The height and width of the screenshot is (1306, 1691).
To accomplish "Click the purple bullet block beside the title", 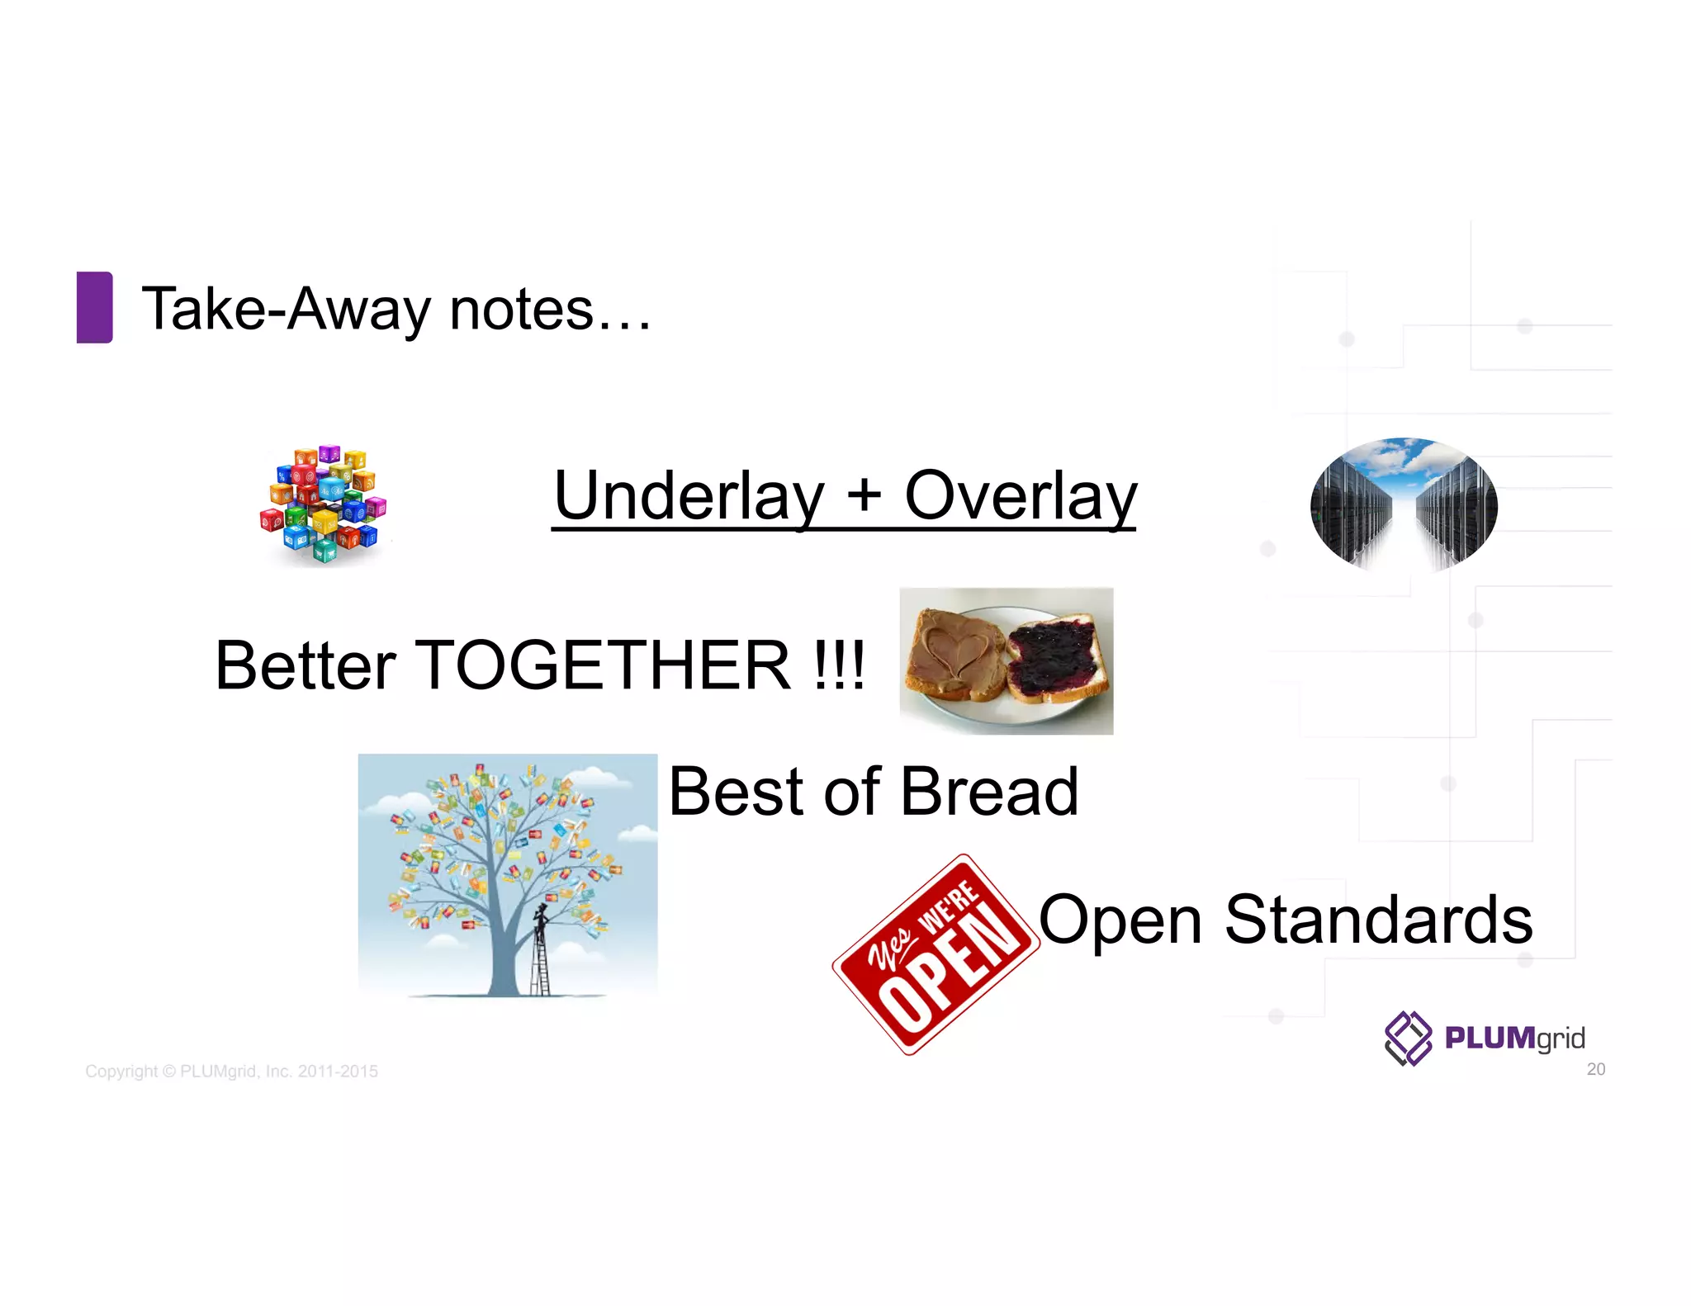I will [94, 307].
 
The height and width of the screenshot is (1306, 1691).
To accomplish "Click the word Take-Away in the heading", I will [286, 310].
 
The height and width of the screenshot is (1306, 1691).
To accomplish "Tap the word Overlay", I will [1021, 495].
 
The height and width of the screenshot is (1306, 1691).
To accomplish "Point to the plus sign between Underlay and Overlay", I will [864, 495].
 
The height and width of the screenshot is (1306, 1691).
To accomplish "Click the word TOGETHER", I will [606, 665].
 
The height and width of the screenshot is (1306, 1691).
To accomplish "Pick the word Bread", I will [989, 792].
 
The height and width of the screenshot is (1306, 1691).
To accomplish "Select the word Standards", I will [1378, 919].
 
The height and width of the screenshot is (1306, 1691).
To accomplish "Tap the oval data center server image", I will [1404, 504].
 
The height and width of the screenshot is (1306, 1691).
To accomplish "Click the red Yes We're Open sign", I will [936, 954].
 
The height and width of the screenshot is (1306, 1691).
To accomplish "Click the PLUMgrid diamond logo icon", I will [1408, 1038].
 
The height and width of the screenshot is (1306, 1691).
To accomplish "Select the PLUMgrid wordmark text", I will [1514, 1038].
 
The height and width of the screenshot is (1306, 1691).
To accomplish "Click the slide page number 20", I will [1595, 1069].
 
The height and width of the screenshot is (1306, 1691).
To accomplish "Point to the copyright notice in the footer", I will [232, 1071].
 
